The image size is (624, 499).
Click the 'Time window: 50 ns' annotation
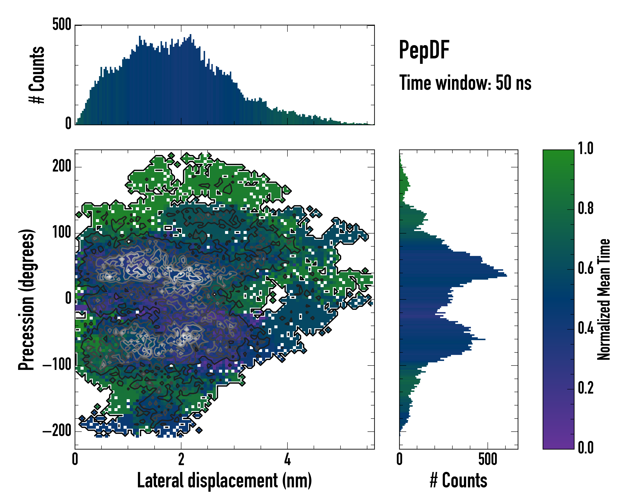click(465, 83)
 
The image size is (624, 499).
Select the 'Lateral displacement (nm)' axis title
click(224, 481)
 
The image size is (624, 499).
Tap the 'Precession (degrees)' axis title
click(27, 299)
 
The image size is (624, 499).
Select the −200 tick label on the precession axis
click(57, 431)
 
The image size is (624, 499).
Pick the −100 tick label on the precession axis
click(57, 365)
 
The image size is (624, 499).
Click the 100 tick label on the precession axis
click(62, 233)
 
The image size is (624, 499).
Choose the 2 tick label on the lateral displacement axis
click(181, 459)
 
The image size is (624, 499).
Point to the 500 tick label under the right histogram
click(488, 459)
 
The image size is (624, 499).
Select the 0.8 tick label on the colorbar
click(586, 208)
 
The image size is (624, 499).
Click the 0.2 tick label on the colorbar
click(586, 388)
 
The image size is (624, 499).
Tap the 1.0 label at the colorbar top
click(586, 148)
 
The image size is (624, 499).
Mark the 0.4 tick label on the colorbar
click(586, 328)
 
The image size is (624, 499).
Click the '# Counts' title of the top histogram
click(37, 75)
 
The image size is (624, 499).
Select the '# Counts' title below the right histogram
click(458, 481)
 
